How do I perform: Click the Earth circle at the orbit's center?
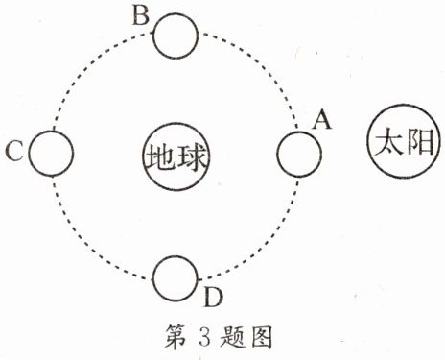coord(176,154)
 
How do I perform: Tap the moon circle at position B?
coord(176,37)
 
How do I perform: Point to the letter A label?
coord(322,120)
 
